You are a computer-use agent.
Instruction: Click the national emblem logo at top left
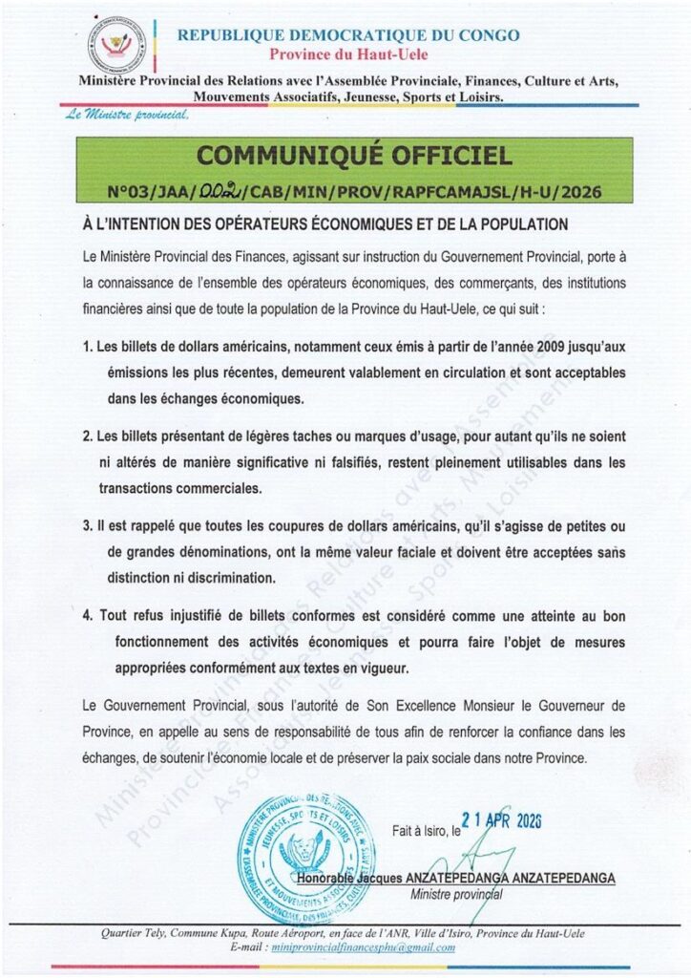(x=117, y=45)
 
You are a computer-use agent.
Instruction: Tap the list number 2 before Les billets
(x=87, y=436)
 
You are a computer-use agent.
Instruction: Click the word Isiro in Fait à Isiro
(x=434, y=831)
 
